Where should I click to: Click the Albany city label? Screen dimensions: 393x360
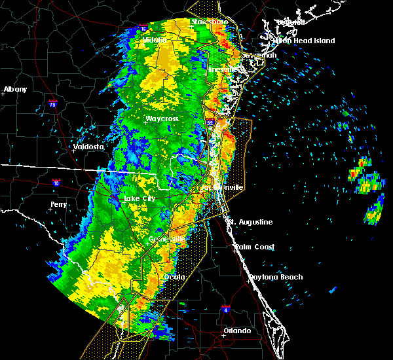(15, 90)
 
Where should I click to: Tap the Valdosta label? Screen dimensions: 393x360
(88, 147)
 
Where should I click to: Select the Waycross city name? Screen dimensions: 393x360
(162, 119)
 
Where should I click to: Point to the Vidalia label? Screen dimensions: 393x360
(155, 40)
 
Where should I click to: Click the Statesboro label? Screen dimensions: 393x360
(210, 22)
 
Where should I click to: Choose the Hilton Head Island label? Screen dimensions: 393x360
(303, 41)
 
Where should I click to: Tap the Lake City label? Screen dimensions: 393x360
(140, 198)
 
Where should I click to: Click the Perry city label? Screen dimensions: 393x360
(59, 205)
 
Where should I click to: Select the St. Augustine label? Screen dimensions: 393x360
(250, 223)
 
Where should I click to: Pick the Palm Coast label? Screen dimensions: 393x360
(255, 247)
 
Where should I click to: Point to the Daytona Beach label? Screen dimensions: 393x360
(275, 278)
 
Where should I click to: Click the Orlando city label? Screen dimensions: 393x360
(237, 331)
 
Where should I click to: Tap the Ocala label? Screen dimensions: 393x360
(175, 277)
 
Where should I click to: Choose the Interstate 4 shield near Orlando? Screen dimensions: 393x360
(225, 307)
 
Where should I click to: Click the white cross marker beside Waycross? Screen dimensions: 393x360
(145, 122)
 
